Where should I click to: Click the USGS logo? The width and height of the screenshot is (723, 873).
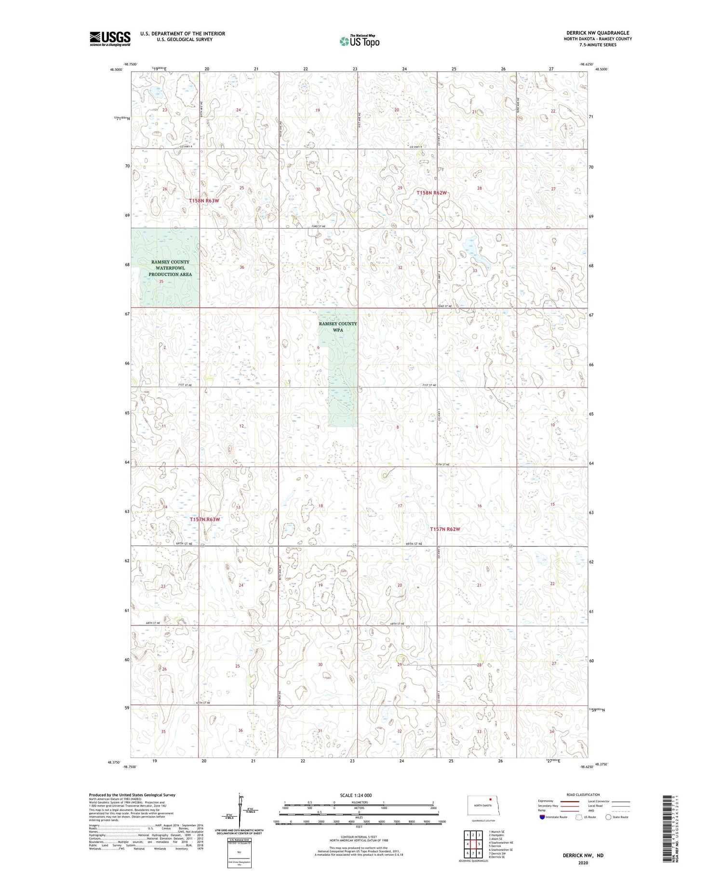click(110, 39)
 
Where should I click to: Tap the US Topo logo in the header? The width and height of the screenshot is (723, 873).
click(360, 41)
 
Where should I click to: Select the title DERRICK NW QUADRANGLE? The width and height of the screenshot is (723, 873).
click(598, 33)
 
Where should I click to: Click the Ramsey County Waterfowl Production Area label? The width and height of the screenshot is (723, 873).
click(170, 268)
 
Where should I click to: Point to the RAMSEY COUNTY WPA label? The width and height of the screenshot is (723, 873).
click(338, 327)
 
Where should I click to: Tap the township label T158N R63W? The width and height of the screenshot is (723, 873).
click(204, 200)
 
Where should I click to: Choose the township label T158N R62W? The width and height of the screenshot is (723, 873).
click(432, 193)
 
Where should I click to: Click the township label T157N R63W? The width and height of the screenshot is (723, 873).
click(205, 520)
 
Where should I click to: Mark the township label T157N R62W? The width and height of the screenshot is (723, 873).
click(445, 529)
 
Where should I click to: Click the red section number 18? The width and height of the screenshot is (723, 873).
click(321, 506)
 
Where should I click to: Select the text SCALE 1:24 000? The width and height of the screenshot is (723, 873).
click(356, 795)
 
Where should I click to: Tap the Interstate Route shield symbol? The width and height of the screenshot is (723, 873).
click(542, 817)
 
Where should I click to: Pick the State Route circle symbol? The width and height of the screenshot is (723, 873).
click(608, 817)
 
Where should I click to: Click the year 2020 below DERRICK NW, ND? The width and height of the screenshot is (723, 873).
click(584, 863)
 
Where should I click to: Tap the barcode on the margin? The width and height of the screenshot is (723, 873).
click(667, 828)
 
